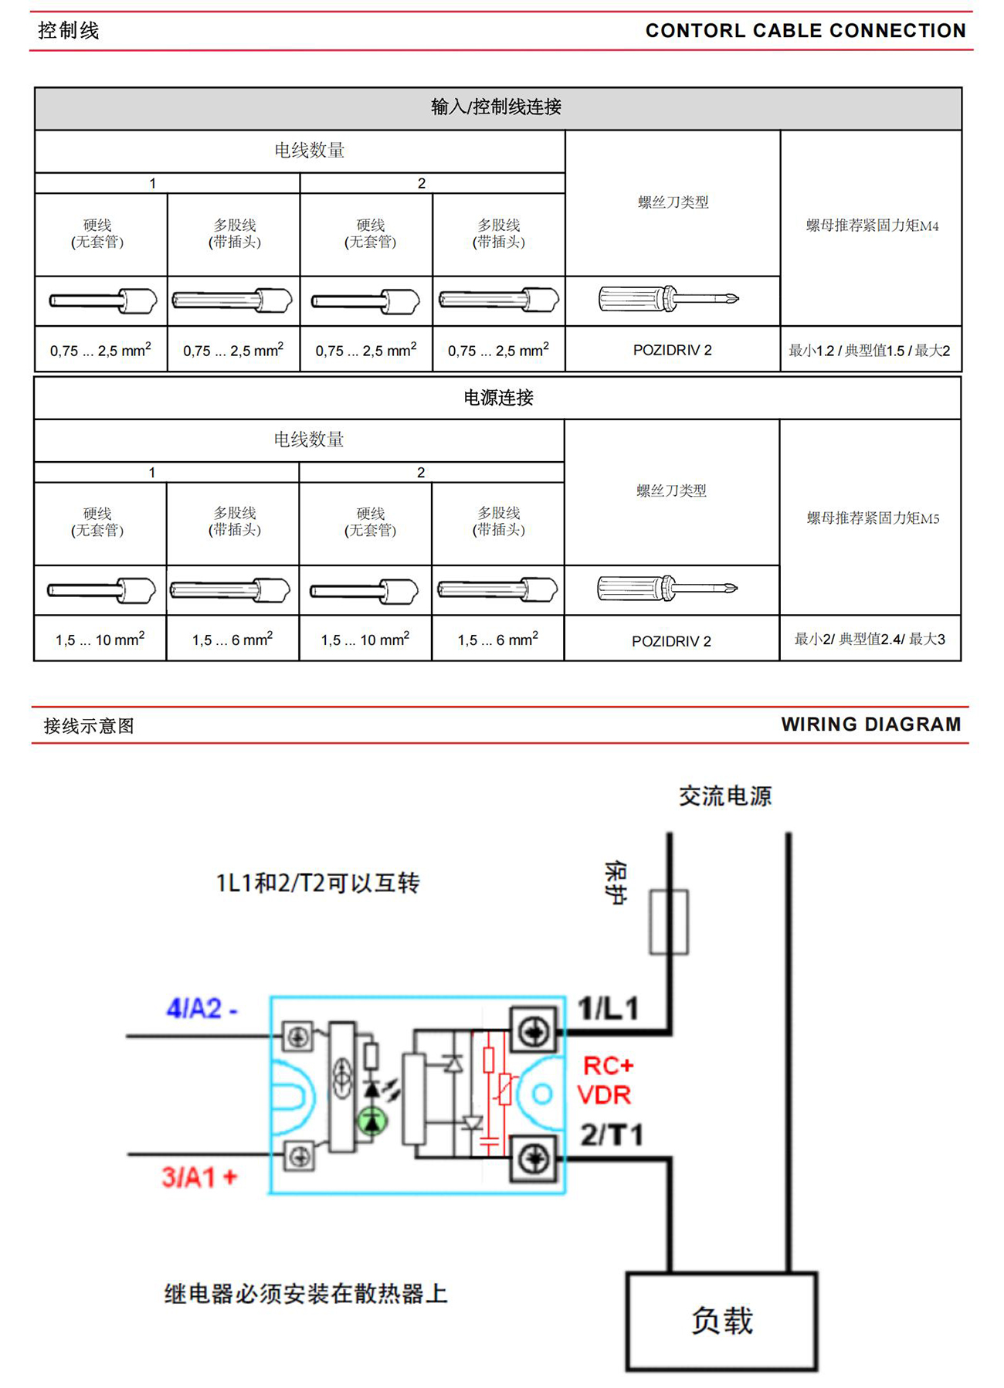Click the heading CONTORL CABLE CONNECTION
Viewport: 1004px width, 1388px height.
pos(806,31)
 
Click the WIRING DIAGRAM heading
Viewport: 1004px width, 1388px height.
pos(870,725)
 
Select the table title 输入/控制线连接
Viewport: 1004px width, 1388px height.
pos(497,107)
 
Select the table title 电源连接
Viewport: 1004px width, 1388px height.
pos(498,398)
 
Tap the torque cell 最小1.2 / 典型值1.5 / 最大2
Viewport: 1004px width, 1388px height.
pos(869,351)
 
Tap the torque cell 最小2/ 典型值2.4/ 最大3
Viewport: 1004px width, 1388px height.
pos(870,640)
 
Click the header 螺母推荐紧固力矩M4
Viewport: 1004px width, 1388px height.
pos(872,226)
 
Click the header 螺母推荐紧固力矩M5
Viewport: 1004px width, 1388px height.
pos(873,518)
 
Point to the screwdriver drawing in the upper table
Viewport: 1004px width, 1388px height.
pos(668,299)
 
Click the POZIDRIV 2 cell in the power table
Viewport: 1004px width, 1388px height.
pos(671,641)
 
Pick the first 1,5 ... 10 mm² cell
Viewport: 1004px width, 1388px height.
pos(100,640)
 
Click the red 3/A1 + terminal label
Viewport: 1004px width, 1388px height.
pos(199,1177)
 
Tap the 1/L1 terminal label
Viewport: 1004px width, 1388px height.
pos(609,1008)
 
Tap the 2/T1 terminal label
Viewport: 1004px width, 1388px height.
pos(612,1135)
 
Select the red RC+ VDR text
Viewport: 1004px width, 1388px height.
pos(606,1080)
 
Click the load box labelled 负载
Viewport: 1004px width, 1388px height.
pos(721,1322)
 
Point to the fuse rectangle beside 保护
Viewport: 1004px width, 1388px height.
pos(669,922)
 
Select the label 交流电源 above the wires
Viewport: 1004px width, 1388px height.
pos(725,796)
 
